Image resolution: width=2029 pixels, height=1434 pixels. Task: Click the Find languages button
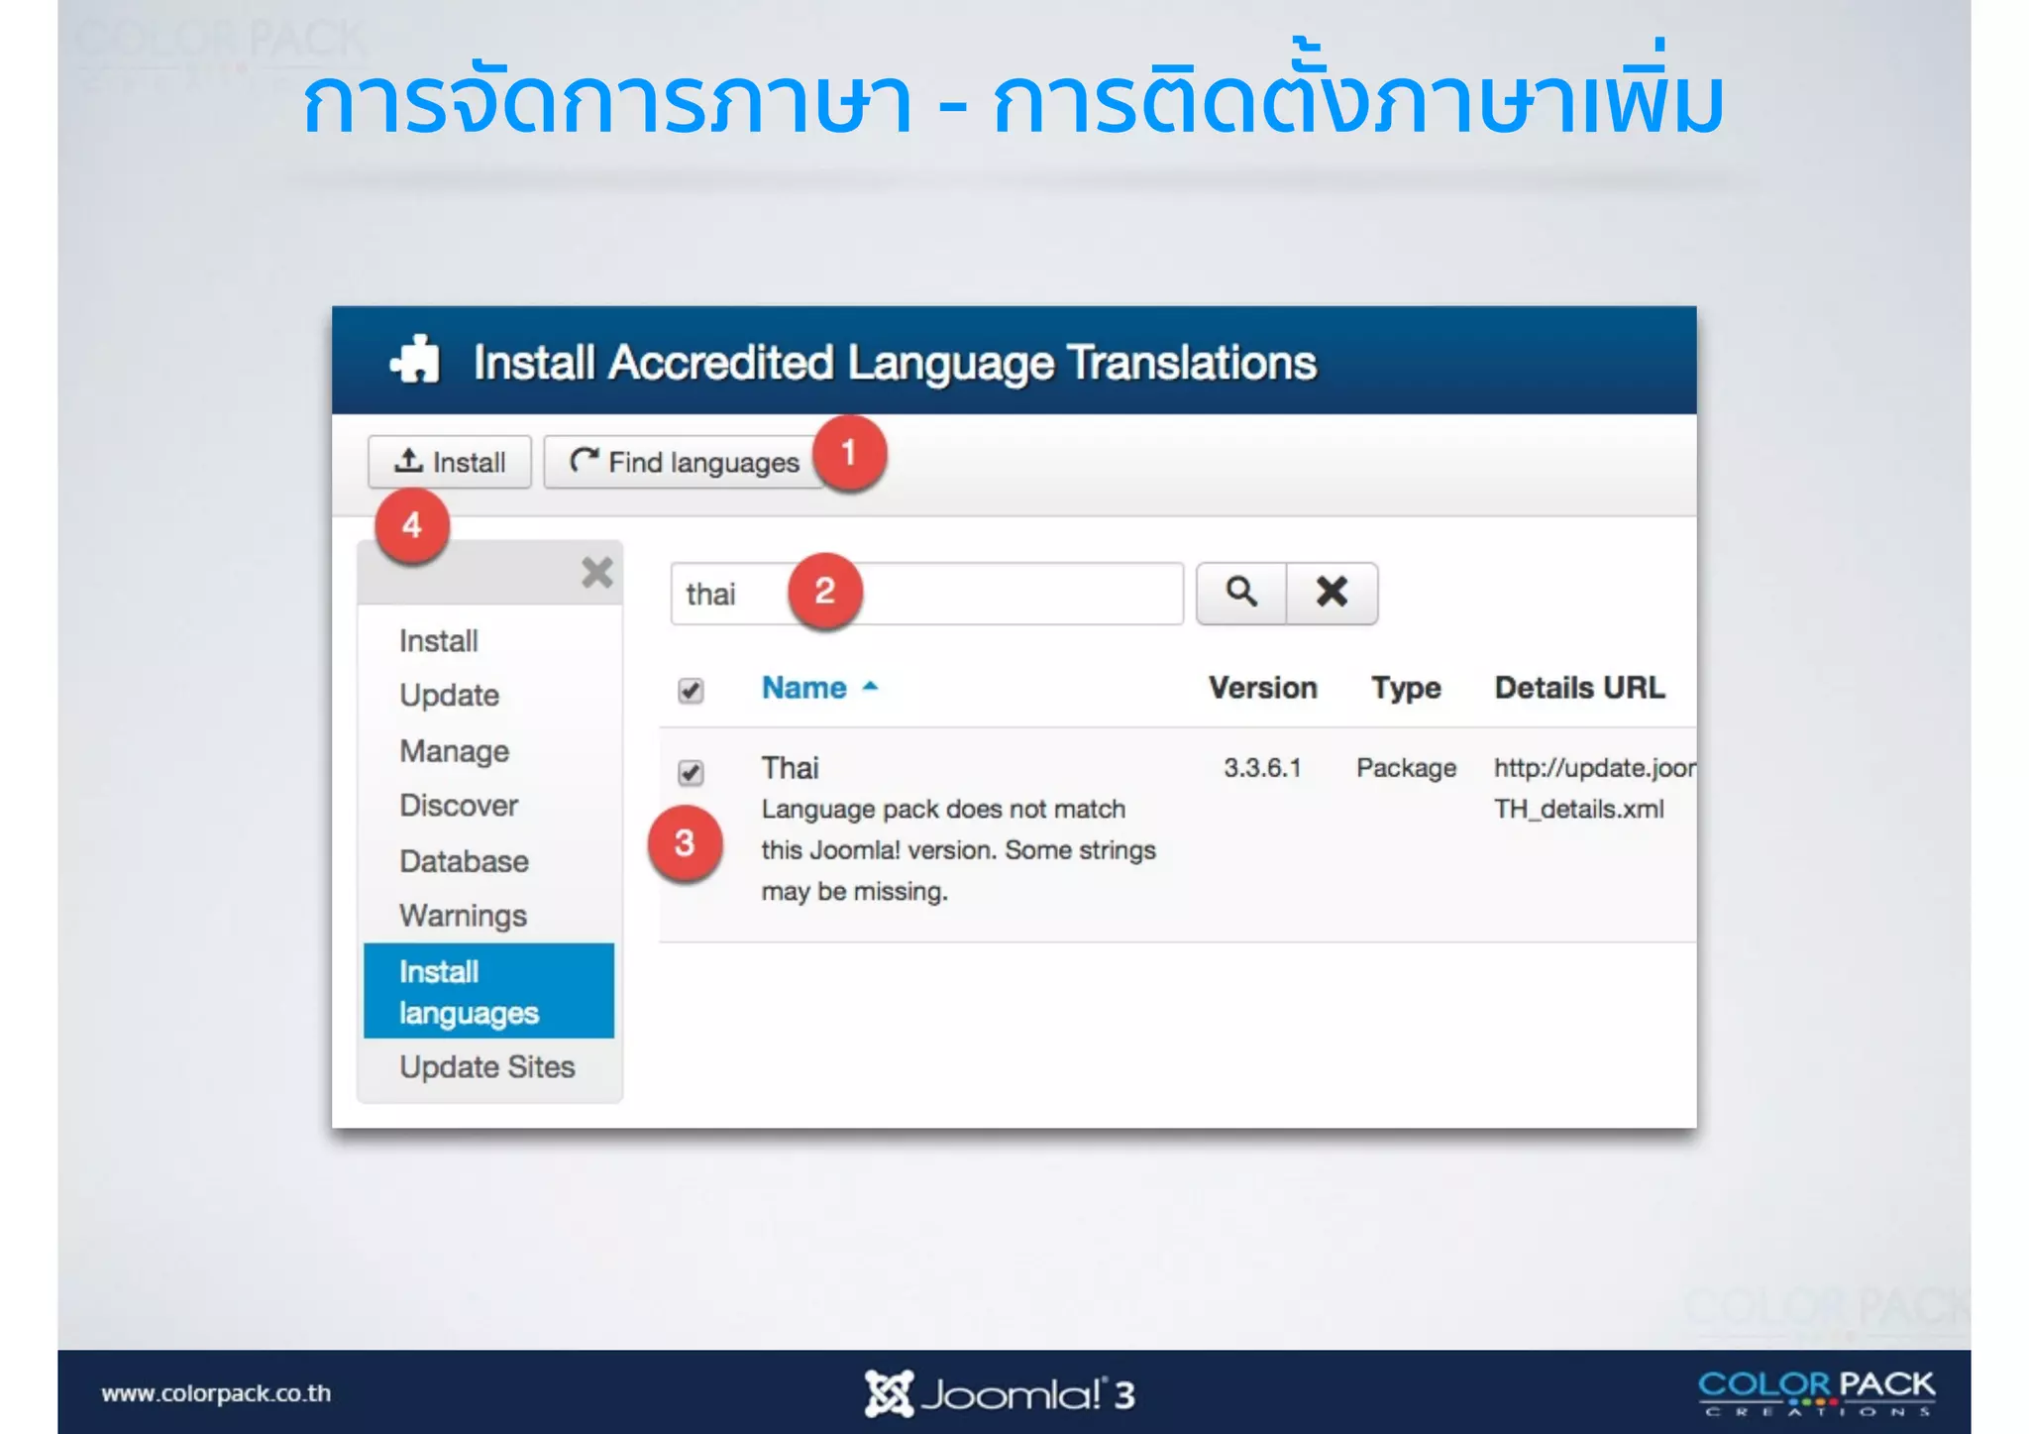[683, 462]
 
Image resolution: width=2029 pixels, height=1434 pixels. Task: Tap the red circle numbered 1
[849, 453]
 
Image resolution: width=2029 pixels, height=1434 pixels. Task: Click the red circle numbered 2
[824, 592]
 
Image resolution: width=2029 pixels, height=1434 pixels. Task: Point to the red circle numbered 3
[685, 843]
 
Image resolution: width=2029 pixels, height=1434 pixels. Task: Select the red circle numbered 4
[412, 525]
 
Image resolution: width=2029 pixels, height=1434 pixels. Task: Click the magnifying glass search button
[1241, 593]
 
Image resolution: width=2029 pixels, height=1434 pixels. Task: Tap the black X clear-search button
[1332, 593]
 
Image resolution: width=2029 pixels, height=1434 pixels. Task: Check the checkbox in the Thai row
[691, 772]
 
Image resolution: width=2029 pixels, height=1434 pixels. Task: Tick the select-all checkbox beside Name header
[691, 690]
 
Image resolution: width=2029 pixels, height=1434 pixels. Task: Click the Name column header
[804, 688]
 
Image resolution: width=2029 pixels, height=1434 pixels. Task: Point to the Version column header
[1262, 688]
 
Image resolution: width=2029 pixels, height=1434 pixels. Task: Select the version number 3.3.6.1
[1262, 768]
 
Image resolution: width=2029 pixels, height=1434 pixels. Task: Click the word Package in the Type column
[1406, 768]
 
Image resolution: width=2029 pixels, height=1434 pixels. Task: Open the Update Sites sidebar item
[486, 1067]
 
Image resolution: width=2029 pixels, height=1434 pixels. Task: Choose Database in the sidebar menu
[464, 861]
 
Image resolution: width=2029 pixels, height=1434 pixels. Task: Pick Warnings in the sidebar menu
[463, 916]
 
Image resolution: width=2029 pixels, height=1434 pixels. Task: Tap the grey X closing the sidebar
[596, 573]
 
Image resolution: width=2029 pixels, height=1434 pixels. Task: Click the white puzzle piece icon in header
[415, 360]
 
